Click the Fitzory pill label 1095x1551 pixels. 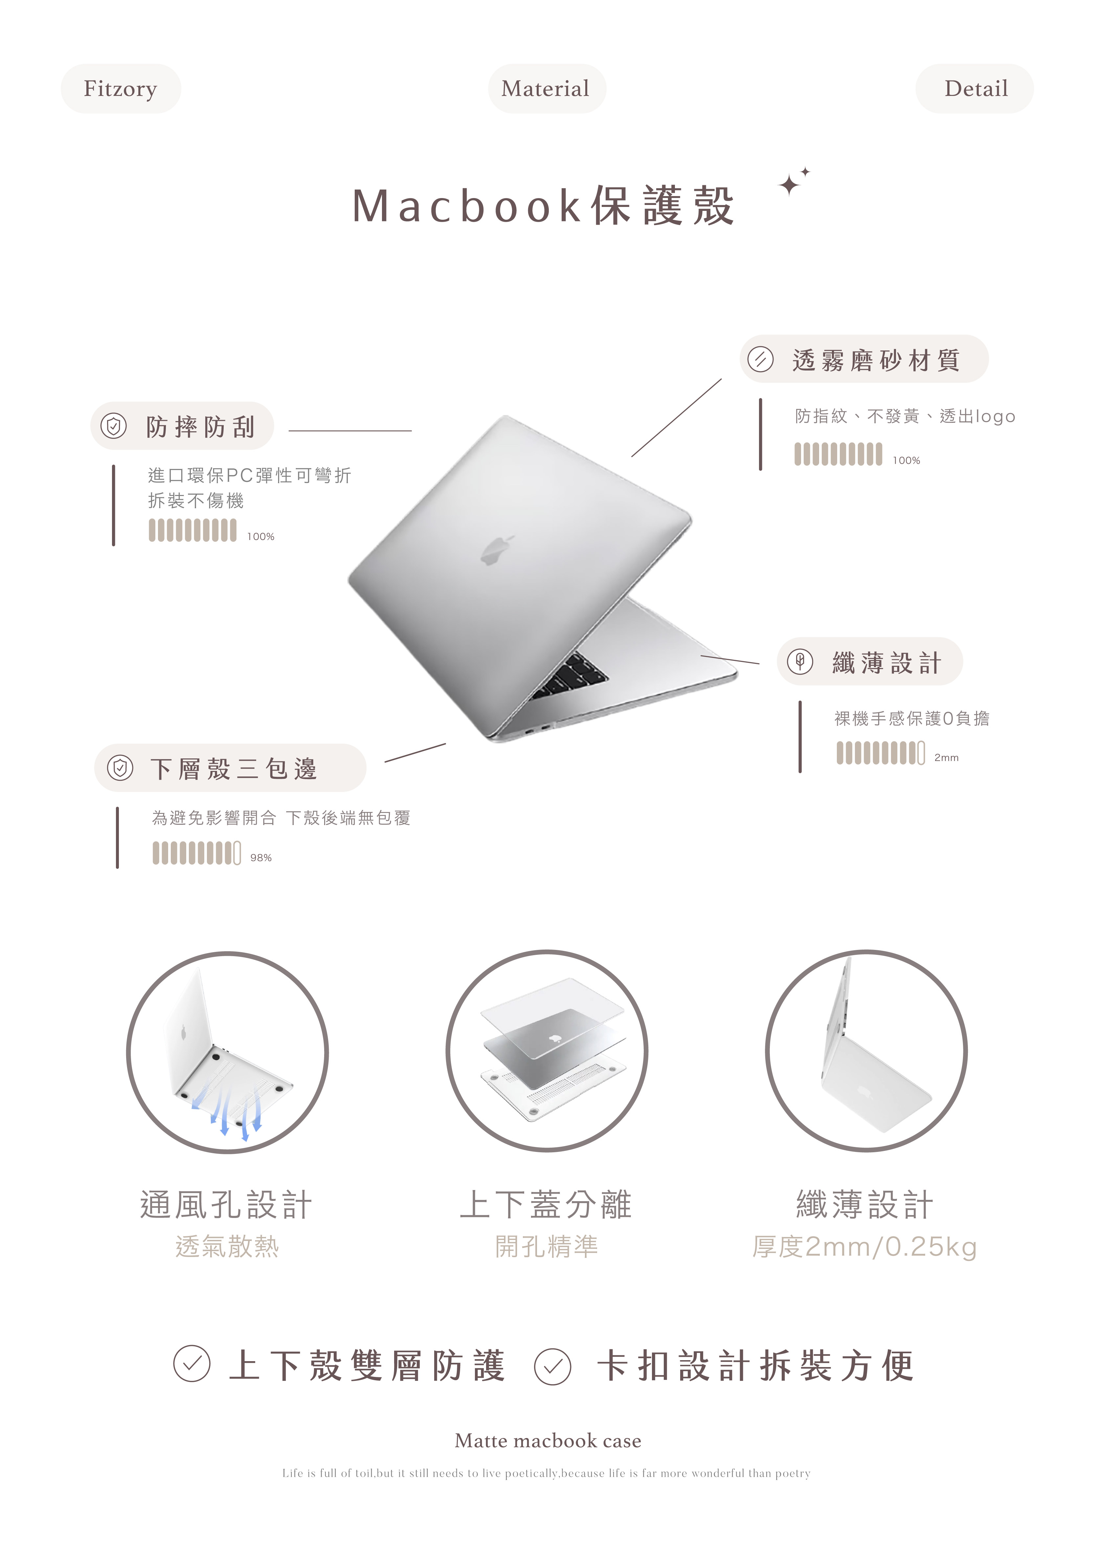point(120,88)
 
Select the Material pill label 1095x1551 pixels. point(547,88)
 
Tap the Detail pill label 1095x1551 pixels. point(975,88)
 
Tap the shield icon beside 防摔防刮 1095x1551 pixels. point(114,426)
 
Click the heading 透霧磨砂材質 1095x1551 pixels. point(876,360)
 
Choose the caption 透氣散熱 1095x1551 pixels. point(227,1246)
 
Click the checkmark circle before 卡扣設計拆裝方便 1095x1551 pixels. point(552,1367)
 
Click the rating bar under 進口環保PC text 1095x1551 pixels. point(192,530)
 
